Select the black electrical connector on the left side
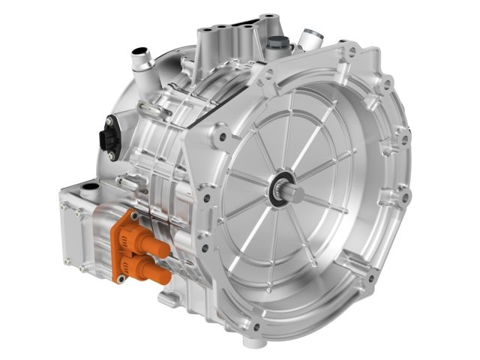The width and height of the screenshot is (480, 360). pyautogui.click(x=109, y=139)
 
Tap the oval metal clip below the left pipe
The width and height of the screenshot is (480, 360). pyautogui.click(x=150, y=110)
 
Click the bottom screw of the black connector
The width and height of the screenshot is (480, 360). pyautogui.click(x=112, y=155)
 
